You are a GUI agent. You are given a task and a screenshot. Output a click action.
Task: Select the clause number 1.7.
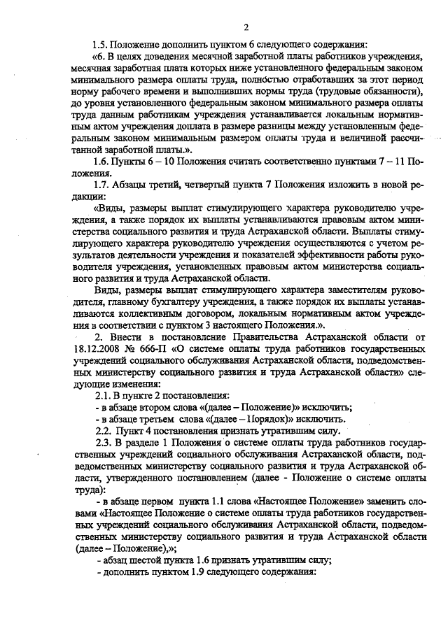pyautogui.click(x=103, y=185)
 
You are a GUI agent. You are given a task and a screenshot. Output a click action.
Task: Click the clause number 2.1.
pyautogui.click(x=103, y=396)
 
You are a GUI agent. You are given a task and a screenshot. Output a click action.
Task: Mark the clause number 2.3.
pyautogui.click(x=103, y=443)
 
